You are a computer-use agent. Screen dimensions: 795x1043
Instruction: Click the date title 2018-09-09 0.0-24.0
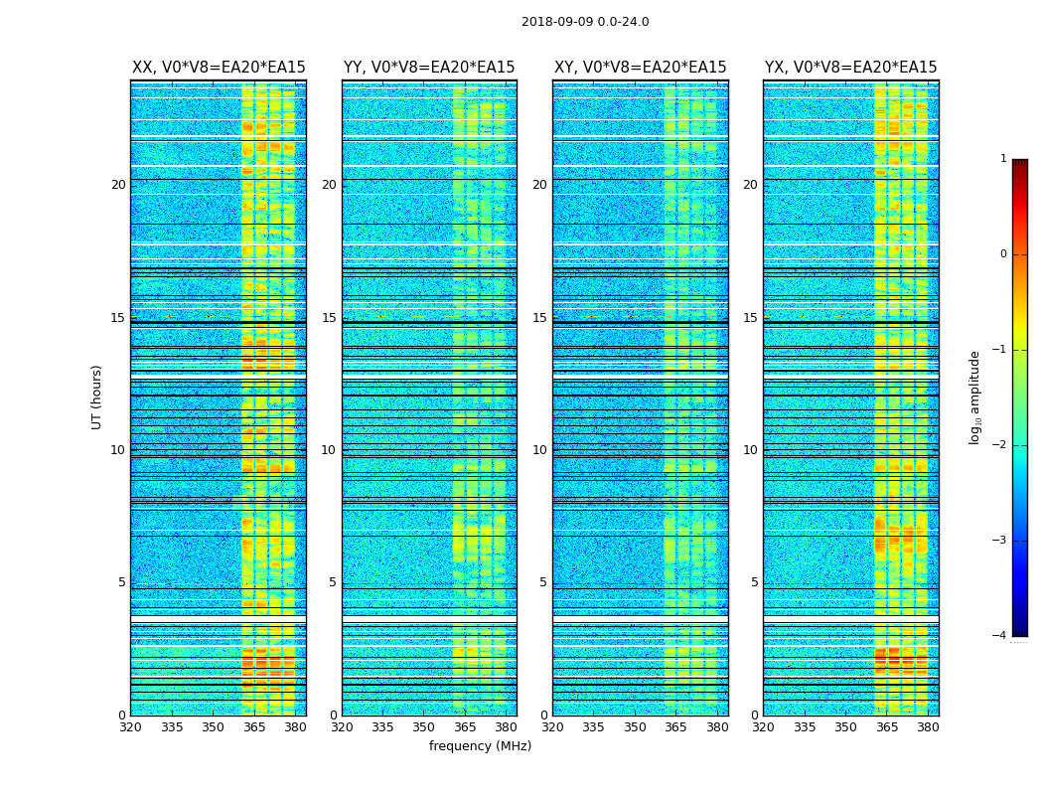585,22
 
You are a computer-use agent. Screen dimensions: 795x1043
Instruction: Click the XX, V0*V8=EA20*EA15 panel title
219,68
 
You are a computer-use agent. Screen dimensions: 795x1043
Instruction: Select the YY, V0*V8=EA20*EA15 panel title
429,68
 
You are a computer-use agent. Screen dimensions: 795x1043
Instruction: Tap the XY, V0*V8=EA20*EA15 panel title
641,68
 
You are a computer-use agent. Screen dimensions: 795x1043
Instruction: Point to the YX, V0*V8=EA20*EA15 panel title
851,68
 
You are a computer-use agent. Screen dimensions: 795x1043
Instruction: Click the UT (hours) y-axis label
97,397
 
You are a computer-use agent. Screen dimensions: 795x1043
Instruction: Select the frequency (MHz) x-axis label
480,746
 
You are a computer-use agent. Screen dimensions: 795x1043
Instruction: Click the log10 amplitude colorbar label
975,397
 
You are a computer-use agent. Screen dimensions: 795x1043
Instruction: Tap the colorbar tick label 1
1003,159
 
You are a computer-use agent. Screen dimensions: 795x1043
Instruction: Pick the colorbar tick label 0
1003,254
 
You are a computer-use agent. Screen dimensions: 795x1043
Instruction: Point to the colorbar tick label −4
1000,636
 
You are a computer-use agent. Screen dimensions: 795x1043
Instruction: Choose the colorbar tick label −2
1000,445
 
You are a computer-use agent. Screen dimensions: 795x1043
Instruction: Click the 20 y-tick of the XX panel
118,185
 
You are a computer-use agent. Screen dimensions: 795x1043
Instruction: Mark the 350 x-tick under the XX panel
214,727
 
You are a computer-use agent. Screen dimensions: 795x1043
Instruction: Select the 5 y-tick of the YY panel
333,582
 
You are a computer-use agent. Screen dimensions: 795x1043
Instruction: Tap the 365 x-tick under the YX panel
887,727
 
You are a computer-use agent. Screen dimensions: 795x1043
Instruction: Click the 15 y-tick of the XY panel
539,318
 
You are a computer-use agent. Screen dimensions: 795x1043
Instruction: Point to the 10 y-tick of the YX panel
750,450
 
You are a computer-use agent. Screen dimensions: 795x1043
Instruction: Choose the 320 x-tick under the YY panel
342,727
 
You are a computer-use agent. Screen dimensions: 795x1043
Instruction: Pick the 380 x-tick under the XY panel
717,727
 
